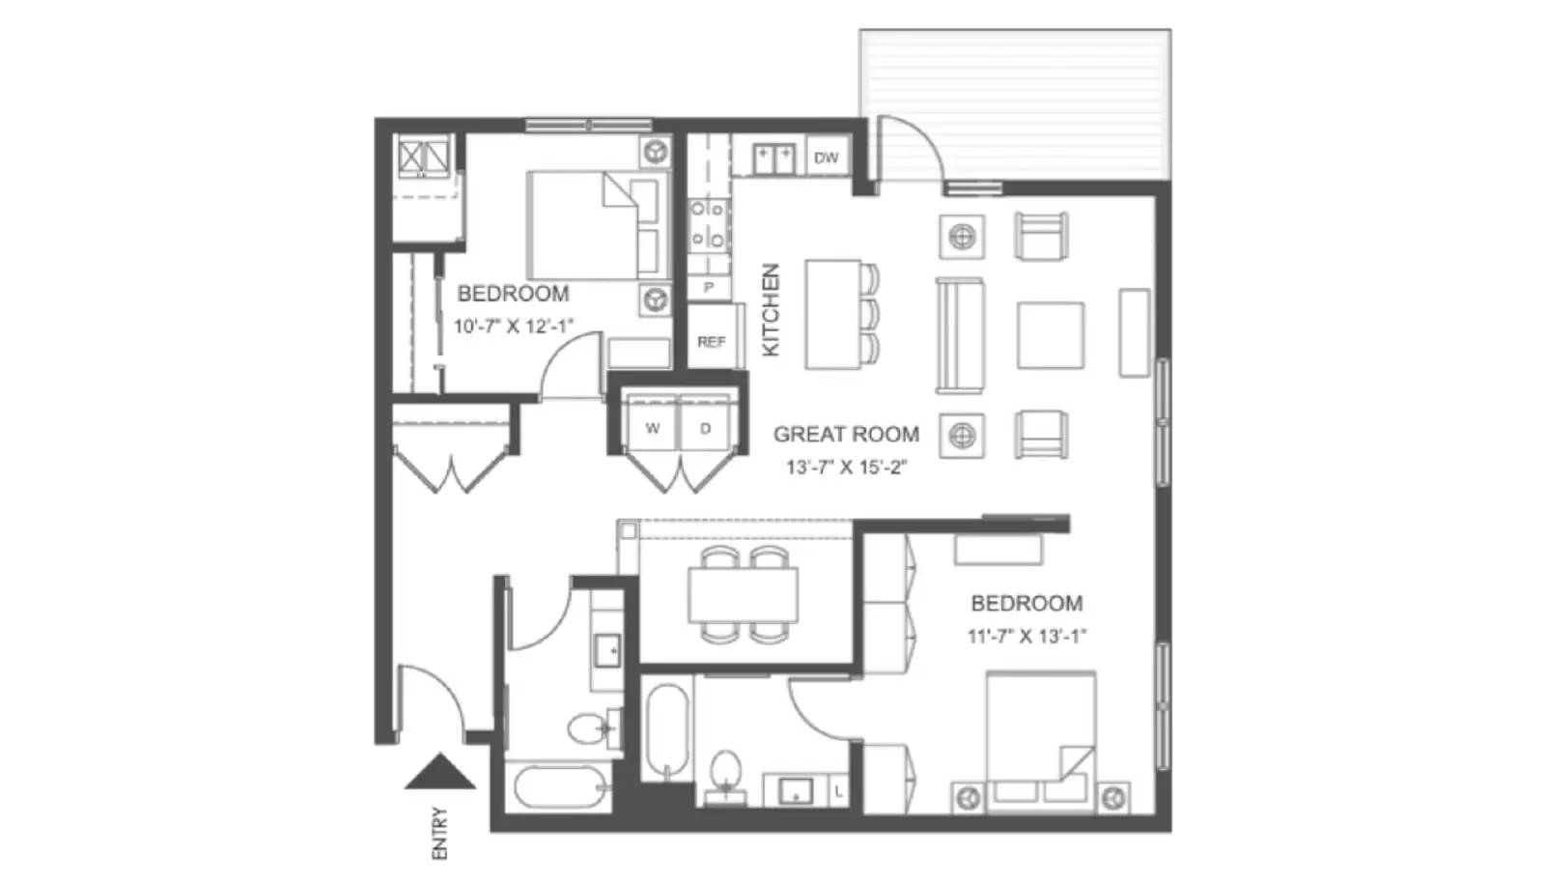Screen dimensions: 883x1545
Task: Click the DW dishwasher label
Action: (827, 157)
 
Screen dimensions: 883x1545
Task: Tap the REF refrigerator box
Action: (712, 341)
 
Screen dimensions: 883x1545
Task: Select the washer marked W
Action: (654, 428)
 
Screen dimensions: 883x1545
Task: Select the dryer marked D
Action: (706, 428)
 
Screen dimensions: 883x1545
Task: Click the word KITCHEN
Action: (771, 310)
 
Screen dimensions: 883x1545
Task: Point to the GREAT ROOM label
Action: (846, 435)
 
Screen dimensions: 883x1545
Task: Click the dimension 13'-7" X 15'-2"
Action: (846, 468)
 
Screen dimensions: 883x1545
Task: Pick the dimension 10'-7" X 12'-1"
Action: (514, 327)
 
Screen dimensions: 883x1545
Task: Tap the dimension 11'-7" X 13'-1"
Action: (1026, 637)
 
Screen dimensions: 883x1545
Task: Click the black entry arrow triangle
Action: (439, 772)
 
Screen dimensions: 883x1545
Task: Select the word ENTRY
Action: (440, 833)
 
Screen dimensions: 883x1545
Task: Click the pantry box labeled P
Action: (709, 287)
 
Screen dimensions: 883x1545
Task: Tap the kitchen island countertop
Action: (832, 314)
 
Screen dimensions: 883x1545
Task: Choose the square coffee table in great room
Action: (1050, 335)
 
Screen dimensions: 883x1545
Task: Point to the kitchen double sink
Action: (774, 157)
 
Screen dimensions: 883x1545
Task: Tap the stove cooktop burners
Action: (708, 224)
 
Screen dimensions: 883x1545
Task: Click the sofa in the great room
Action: (959, 335)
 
